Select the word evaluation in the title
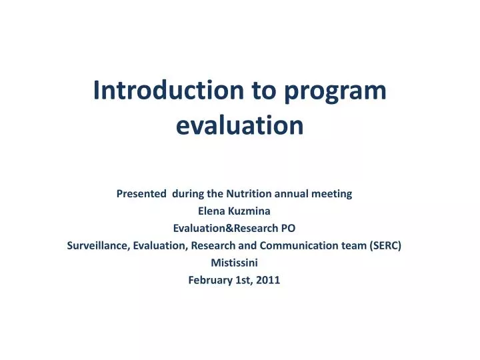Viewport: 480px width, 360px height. pos(240,125)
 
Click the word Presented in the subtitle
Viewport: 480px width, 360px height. pos(142,194)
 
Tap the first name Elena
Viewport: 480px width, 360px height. pos(211,211)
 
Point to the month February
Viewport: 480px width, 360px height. pos(211,280)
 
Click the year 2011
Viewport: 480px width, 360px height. pos(268,280)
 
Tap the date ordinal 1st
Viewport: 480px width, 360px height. pos(244,280)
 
